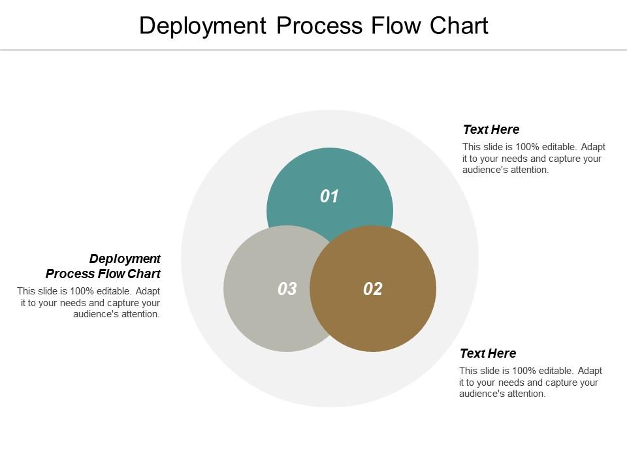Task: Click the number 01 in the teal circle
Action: point(330,196)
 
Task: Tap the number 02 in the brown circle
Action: point(373,289)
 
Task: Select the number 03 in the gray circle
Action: point(287,289)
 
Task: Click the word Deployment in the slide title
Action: point(202,25)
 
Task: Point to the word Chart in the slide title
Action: point(459,25)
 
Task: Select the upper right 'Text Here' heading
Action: point(491,129)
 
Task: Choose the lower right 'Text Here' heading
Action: point(488,353)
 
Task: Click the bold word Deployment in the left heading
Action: point(125,258)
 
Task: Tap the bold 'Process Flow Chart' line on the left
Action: point(103,274)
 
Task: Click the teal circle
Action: point(330,176)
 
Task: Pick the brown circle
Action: point(385,313)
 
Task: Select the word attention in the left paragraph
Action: point(138,314)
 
